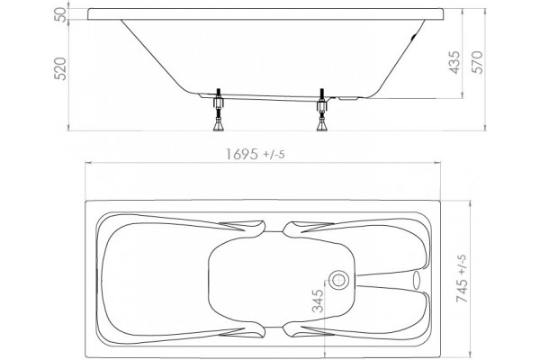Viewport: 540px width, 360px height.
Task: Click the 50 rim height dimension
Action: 60,14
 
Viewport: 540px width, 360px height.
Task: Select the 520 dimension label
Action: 60,69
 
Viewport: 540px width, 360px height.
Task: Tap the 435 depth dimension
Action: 454,62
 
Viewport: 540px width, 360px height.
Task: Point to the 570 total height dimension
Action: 478,62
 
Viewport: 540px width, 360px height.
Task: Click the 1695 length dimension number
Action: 241,154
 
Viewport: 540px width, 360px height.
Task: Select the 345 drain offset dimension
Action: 318,301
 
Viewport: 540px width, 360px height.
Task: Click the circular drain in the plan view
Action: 339,280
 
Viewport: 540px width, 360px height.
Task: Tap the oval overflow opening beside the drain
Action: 417,280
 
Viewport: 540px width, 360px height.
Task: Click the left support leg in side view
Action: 218,110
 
